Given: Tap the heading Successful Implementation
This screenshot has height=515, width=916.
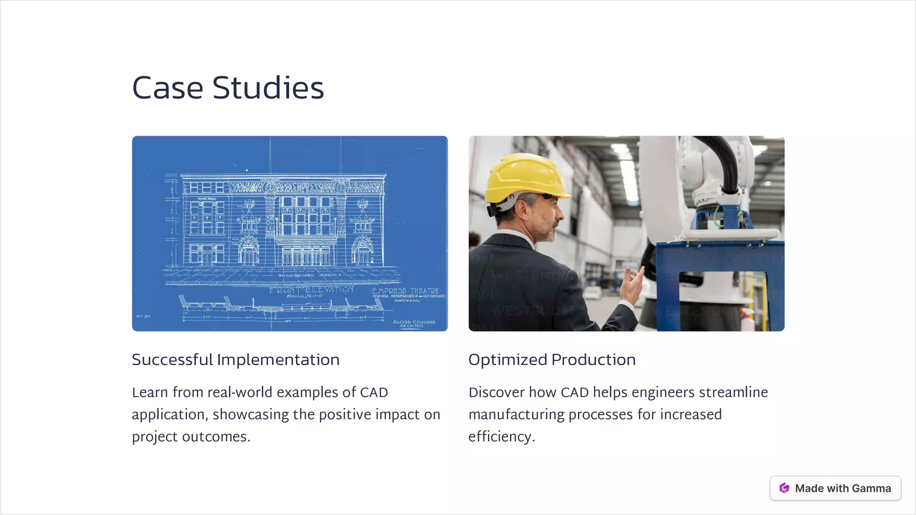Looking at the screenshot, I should pyautogui.click(x=236, y=360).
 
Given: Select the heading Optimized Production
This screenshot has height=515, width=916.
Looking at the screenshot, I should pyautogui.click(x=552, y=360).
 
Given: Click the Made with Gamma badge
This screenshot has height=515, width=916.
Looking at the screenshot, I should pyautogui.click(x=835, y=488).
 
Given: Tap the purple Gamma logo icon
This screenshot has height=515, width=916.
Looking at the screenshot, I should pyautogui.click(x=784, y=488).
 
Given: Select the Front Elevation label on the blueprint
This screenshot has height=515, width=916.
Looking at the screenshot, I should pyautogui.click(x=312, y=290).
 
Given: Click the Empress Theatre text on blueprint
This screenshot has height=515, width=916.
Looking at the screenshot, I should pyautogui.click(x=406, y=291).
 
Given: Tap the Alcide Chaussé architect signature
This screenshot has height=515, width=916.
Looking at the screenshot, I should pyautogui.click(x=414, y=324).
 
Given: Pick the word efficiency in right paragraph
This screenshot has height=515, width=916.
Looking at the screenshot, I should pyautogui.click(x=501, y=436).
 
